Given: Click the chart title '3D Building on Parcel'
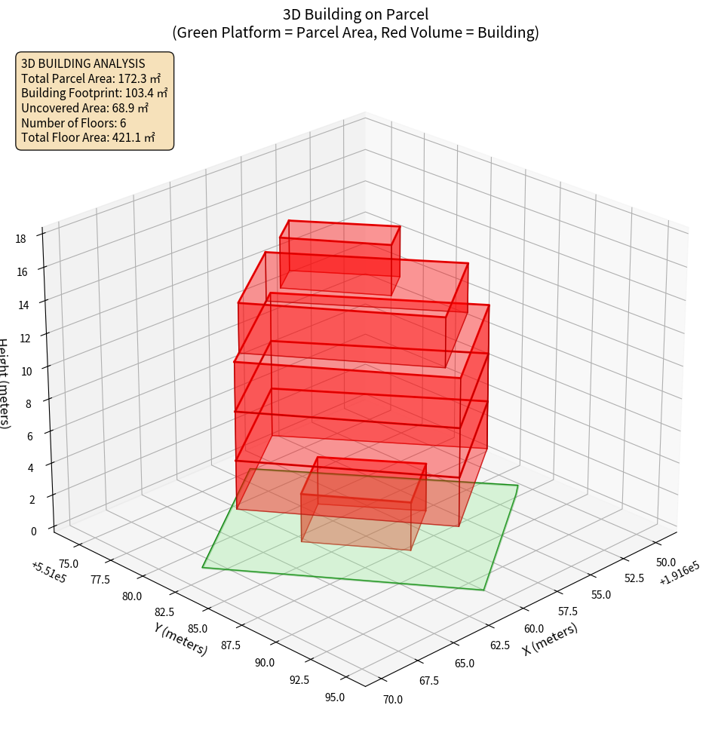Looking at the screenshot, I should (355, 14).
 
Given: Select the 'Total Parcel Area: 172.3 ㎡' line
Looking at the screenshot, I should (91, 78).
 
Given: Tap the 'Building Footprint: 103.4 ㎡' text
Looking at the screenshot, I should (94, 93).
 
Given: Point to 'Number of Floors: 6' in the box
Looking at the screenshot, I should (74, 123).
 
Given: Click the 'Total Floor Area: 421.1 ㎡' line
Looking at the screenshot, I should (88, 137).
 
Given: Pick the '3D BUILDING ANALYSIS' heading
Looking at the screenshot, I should (83, 63).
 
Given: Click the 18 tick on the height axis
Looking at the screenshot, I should (20, 239).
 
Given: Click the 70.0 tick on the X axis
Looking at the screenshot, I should (393, 699).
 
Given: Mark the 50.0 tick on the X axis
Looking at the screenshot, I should (666, 563).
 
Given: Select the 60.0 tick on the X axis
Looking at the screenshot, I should (534, 629).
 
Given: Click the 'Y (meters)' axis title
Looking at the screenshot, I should (181, 639).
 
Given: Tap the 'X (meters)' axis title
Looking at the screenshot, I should (551, 639).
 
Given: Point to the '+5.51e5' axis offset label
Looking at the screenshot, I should (48, 573).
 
